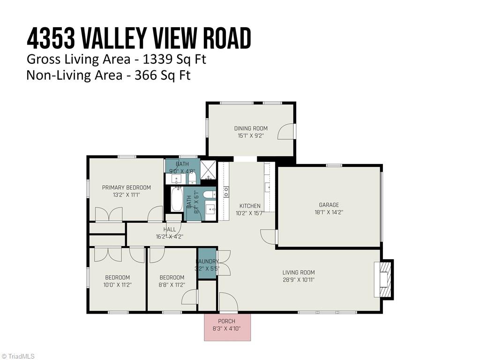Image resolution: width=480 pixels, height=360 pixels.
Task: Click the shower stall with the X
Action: click(207, 172)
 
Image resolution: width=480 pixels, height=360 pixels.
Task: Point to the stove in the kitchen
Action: click(225, 191)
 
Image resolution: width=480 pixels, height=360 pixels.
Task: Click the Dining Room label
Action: click(251, 128)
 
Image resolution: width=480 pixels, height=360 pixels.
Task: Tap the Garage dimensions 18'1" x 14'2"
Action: click(329, 213)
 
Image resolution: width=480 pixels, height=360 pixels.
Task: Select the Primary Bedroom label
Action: click(127, 187)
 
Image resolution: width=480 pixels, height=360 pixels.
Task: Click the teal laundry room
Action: click(207, 265)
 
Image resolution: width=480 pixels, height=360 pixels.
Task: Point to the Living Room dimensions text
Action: click(298, 280)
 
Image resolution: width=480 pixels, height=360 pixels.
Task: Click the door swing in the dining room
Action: click(286, 132)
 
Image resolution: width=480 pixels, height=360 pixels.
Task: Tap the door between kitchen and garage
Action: click(269, 237)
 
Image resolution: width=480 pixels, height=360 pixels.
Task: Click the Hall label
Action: click(170, 229)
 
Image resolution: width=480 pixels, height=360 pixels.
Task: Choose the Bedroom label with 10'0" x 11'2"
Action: click(117, 277)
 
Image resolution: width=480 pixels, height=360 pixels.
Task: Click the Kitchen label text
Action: click(250, 206)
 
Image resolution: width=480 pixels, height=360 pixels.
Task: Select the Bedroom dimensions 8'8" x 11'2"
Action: click(171, 285)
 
